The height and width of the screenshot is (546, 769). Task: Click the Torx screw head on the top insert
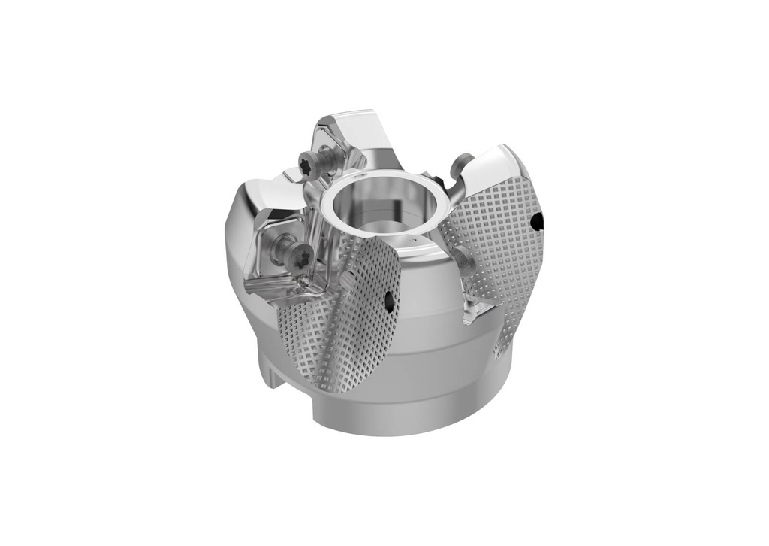(x=308, y=162)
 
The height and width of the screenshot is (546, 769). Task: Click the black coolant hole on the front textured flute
(x=388, y=302)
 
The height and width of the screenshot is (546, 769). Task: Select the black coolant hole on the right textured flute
(x=536, y=221)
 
